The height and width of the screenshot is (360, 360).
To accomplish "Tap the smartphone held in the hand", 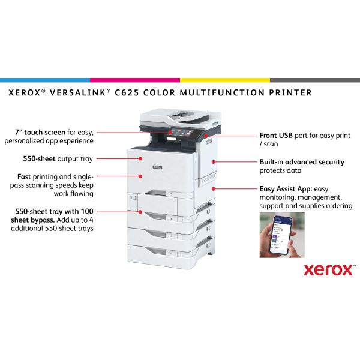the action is [x=280, y=235].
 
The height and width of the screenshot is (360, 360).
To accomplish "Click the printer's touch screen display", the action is [x=182, y=133].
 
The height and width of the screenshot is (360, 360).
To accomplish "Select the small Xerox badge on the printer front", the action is [x=157, y=167].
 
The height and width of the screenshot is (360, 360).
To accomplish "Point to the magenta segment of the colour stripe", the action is [x=135, y=80].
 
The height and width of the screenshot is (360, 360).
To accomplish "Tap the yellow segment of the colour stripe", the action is [x=225, y=80].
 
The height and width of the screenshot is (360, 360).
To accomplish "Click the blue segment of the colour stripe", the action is [x=45, y=80].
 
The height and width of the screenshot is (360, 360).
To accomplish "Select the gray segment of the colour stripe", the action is [x=315, y=80].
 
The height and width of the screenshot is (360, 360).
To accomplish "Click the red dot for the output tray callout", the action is [x=140, y=158].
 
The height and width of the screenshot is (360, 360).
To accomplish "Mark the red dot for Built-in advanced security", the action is [x=214, y=162].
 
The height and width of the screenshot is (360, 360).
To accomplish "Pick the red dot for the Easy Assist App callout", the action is [x=214, y=189].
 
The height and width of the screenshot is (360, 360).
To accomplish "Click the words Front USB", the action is [x=276, y=136].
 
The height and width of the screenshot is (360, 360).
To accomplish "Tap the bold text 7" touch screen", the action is [x=40, y=133].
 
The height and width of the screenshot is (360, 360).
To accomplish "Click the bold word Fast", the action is [x=24, y=176].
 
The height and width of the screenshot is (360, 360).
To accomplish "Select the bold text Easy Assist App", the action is [x=286, y=189].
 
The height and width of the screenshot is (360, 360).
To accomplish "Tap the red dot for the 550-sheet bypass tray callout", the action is [x=140, y=212].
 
